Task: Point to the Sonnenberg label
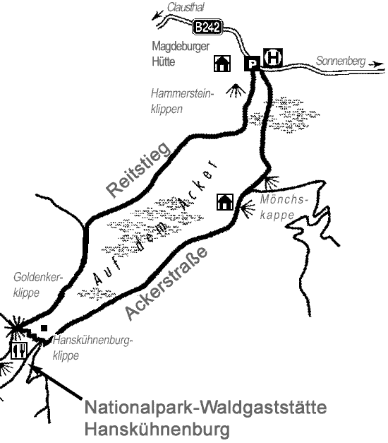coord(340,61)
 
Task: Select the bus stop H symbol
coord(272,57)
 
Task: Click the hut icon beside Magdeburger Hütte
coord(222,64)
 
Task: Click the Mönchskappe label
coord(284,206)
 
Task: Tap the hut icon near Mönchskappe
coord(225,202)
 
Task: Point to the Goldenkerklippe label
coord(38,285)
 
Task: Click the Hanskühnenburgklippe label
coord(91,348)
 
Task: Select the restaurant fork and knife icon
coord(19,350)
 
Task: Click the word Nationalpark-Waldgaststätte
coord(206,409)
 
